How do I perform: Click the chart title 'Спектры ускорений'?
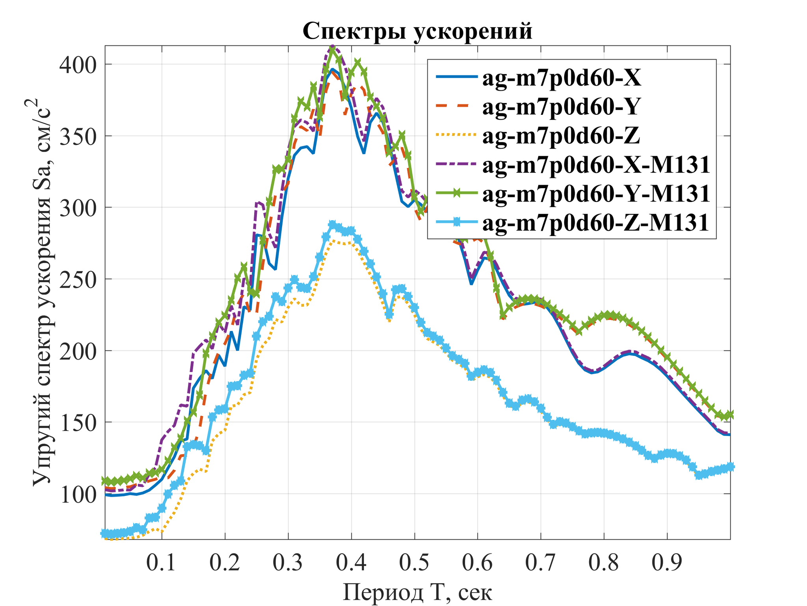417,31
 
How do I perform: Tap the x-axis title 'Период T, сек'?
417,592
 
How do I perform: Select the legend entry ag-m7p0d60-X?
562,78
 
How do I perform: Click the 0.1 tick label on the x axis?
162,563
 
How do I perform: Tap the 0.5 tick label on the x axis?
415,563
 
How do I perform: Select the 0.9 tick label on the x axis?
667,563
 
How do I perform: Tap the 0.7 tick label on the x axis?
541,563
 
